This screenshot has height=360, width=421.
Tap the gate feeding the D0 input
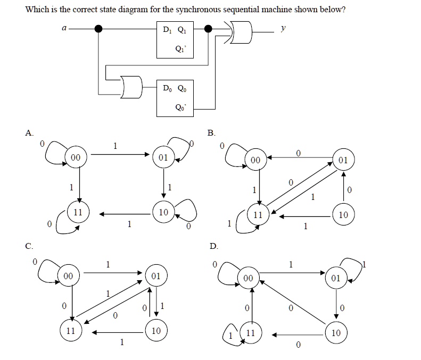[x=131, y=87]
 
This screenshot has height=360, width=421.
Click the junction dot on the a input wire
[x=98, y=29]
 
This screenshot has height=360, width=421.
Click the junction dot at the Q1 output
[x=209, y=29]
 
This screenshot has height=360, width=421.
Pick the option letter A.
[x=29, y=132]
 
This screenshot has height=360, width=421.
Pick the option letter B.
[x=211, y=132]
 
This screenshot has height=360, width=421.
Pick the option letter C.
[x=29, y=246]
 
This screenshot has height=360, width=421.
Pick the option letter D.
[x=213, y=246]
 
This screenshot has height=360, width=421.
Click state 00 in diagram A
[x=76, y=157]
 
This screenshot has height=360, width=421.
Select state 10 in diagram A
[x=163, y=212]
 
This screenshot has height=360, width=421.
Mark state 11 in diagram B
[x=258, y=215]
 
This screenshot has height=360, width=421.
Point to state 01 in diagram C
[x=155, y=277]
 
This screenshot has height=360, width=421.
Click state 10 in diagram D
[x=335, y=333]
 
